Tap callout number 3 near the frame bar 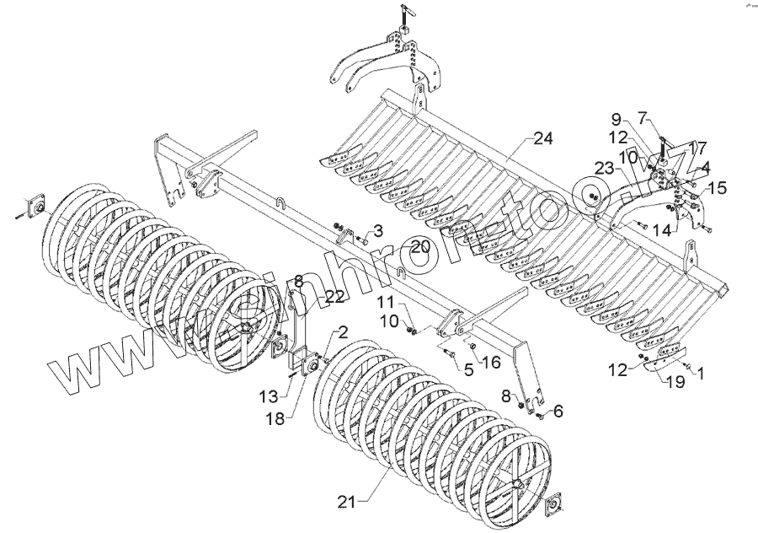[x=378, y=230]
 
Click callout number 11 [x=384, y=303]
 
